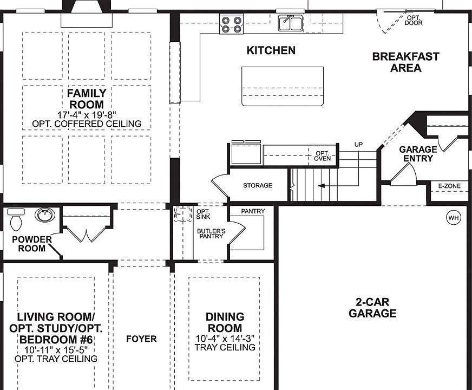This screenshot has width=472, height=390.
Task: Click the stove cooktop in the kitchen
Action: pyautogui.click(x=231, y=24)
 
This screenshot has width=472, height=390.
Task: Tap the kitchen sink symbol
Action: pyautogui.click(x=291, y=23)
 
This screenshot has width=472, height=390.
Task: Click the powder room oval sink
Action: pyautogui.click(x=45, y=215)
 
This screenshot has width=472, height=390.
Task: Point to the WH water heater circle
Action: pyautogui.click(x=453, y=218)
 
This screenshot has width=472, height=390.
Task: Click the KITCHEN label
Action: pyautogui.click(x=271, y=50)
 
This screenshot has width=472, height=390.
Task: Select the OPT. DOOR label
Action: pyautogui.click(x=414, y=21)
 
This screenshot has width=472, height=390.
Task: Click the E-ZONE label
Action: pyautogui.click(x=449, y=186)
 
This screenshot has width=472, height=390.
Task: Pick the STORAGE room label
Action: pyautogui.click(x=258, y=186)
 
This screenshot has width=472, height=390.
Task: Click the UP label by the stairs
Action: pyautogui.click(x=358, y=145)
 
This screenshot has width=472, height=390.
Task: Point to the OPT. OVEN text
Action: pyautogui.click(x=323, y=156)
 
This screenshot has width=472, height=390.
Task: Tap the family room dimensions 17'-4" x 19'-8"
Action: pyautogui.click(x=87, y=115)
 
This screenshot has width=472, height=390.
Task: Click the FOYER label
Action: pyautogui.click(x=141, y=339)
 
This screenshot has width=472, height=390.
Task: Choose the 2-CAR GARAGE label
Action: pyautogui.click(x=372, y=308)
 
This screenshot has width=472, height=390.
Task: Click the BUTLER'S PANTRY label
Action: pyautogui.click(x=211, y=233)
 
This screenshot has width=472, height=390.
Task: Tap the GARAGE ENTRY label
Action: pyautogui.click(x=418, y=154)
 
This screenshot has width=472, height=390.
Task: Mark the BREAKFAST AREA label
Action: pyautogui.click(x=405, y=62)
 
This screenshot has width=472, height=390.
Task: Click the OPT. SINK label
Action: pyautogui.click(x=203, y=214)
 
